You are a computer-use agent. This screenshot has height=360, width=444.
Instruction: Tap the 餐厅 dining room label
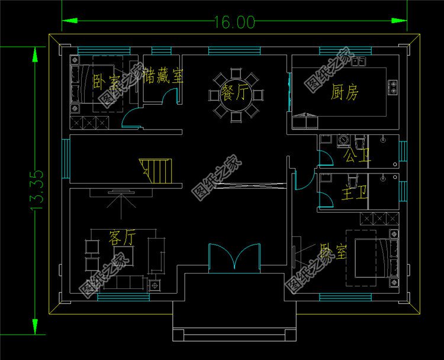click(235, 94)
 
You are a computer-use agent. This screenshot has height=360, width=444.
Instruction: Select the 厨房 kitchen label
click(345, 92)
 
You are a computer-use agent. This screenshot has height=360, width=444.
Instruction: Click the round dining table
click(235, 95)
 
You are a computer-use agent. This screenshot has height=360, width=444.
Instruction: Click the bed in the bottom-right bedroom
click(374, 258)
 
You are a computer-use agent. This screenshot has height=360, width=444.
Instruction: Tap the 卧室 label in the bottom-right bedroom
click(333, 252)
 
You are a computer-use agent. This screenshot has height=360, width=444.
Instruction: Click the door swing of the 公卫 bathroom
click(324, 157)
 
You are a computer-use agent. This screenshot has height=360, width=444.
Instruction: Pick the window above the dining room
click(234, 50)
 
